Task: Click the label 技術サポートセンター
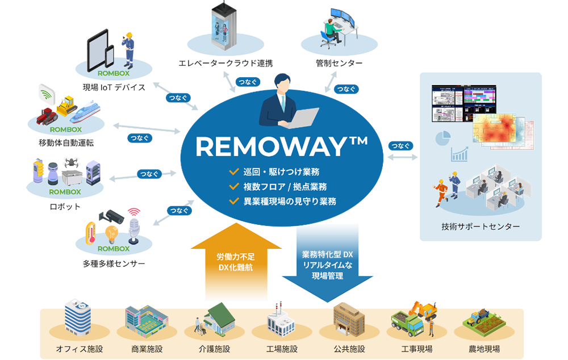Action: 481,227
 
